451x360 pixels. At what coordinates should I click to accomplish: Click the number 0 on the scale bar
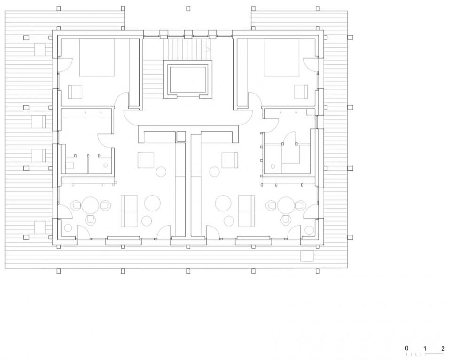click(406, 348)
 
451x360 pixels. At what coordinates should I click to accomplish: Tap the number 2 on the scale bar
click(443, 349)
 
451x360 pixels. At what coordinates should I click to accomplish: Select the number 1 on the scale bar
click(425, 349)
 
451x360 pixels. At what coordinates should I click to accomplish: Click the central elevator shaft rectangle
click(188, 79)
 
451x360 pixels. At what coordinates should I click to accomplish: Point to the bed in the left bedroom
click(97, 57)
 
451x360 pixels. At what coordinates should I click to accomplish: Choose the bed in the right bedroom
click(281, 57)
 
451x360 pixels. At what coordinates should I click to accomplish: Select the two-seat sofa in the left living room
click(129, 211)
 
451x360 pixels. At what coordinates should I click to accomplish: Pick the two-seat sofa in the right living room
click(247, 211)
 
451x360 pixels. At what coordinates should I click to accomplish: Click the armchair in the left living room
click(146, 160)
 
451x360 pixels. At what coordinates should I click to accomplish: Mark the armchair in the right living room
click(230, 160)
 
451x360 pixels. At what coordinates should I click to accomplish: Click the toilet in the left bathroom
click(70, 165)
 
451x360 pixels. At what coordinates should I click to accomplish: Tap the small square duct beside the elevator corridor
click(181, 136)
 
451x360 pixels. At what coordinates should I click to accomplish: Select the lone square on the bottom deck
click(307, 256)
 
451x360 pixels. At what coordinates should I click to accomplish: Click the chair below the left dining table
click(91, 220)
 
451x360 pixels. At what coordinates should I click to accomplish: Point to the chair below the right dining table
click(286, 220)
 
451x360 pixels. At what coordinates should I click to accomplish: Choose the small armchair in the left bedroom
click(75, 92)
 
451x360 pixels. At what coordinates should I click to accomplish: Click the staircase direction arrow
click(209, 49)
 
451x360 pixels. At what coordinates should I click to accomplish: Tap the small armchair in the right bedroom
click(301, 92)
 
